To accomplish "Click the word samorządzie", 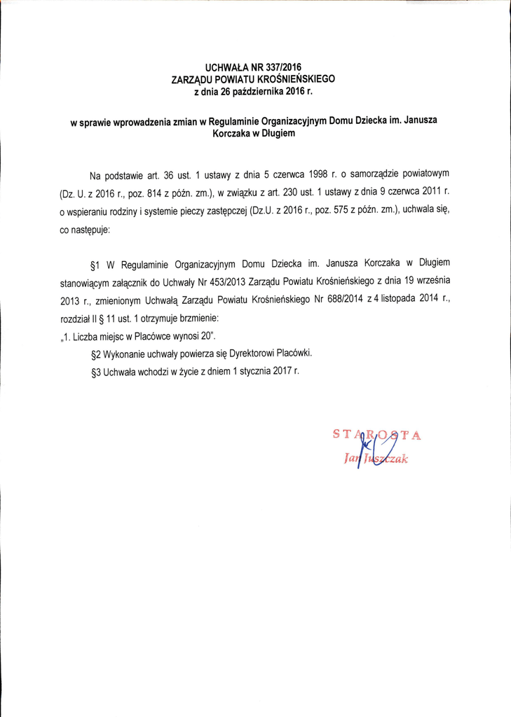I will coord(372,172).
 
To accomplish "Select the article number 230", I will coord(313,191).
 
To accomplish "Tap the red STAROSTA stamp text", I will coord(375,435).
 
